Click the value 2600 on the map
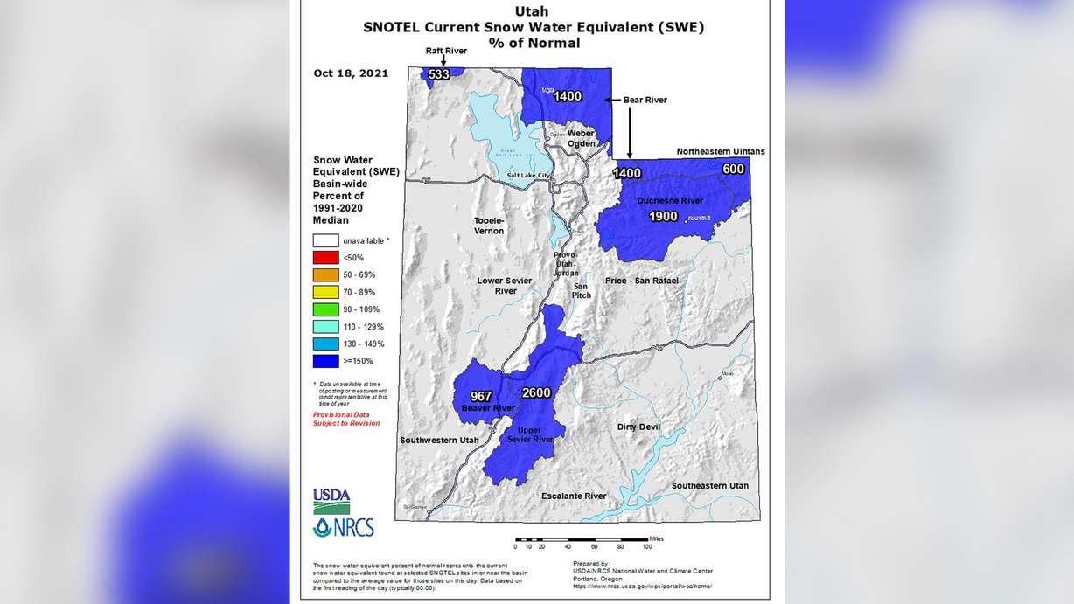[x=536, y=393]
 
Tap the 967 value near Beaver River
[x=482, y=396]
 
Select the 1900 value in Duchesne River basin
[x=664, y=216]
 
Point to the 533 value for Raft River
[x=439, y=75]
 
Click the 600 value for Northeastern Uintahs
[x=733, y=169]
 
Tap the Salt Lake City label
[x=530, y=177]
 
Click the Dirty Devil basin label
[x=638, y=427]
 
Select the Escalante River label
[x=574, y=496]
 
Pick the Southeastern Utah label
[x=709, y=485]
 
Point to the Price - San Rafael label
[x=641, y=281]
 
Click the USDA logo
[x=331, y=501]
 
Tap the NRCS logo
[x=343, y=527]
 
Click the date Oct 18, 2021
[x=351, y=73]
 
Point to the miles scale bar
[x=581, y=539]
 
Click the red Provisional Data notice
[x=346, y=419]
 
